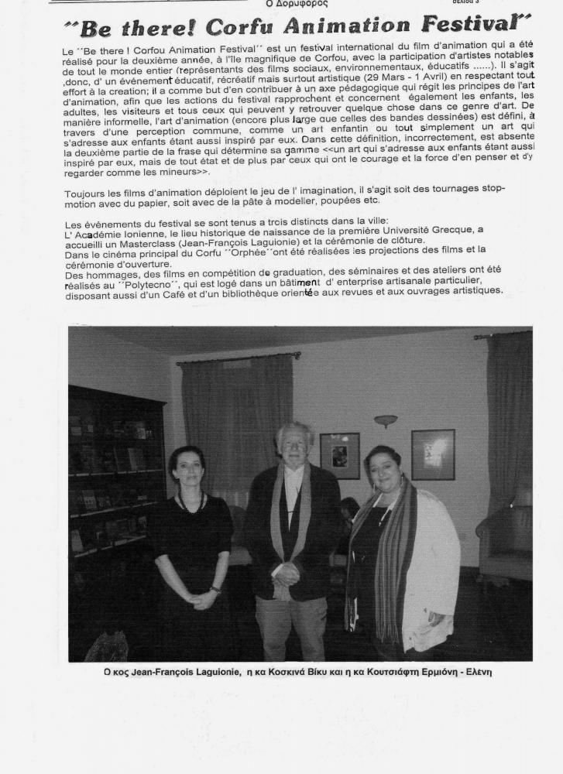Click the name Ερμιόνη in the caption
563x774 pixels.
[432, 672]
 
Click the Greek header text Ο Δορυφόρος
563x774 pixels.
[297, 4]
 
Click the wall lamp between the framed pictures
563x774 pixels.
[385, 421]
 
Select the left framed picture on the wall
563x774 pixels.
[340, 455]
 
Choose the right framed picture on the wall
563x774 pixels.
[433, 454]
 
